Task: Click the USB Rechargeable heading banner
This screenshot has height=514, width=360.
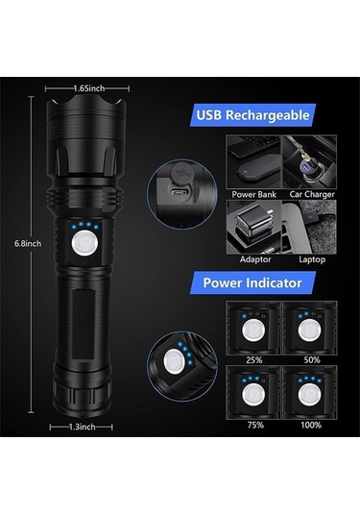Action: (x=253, y=116)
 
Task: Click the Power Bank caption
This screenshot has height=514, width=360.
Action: (x=253, y=193)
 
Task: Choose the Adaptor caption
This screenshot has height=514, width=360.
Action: (x=253, y=259)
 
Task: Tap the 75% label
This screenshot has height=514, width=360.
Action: (x=253, y=423)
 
